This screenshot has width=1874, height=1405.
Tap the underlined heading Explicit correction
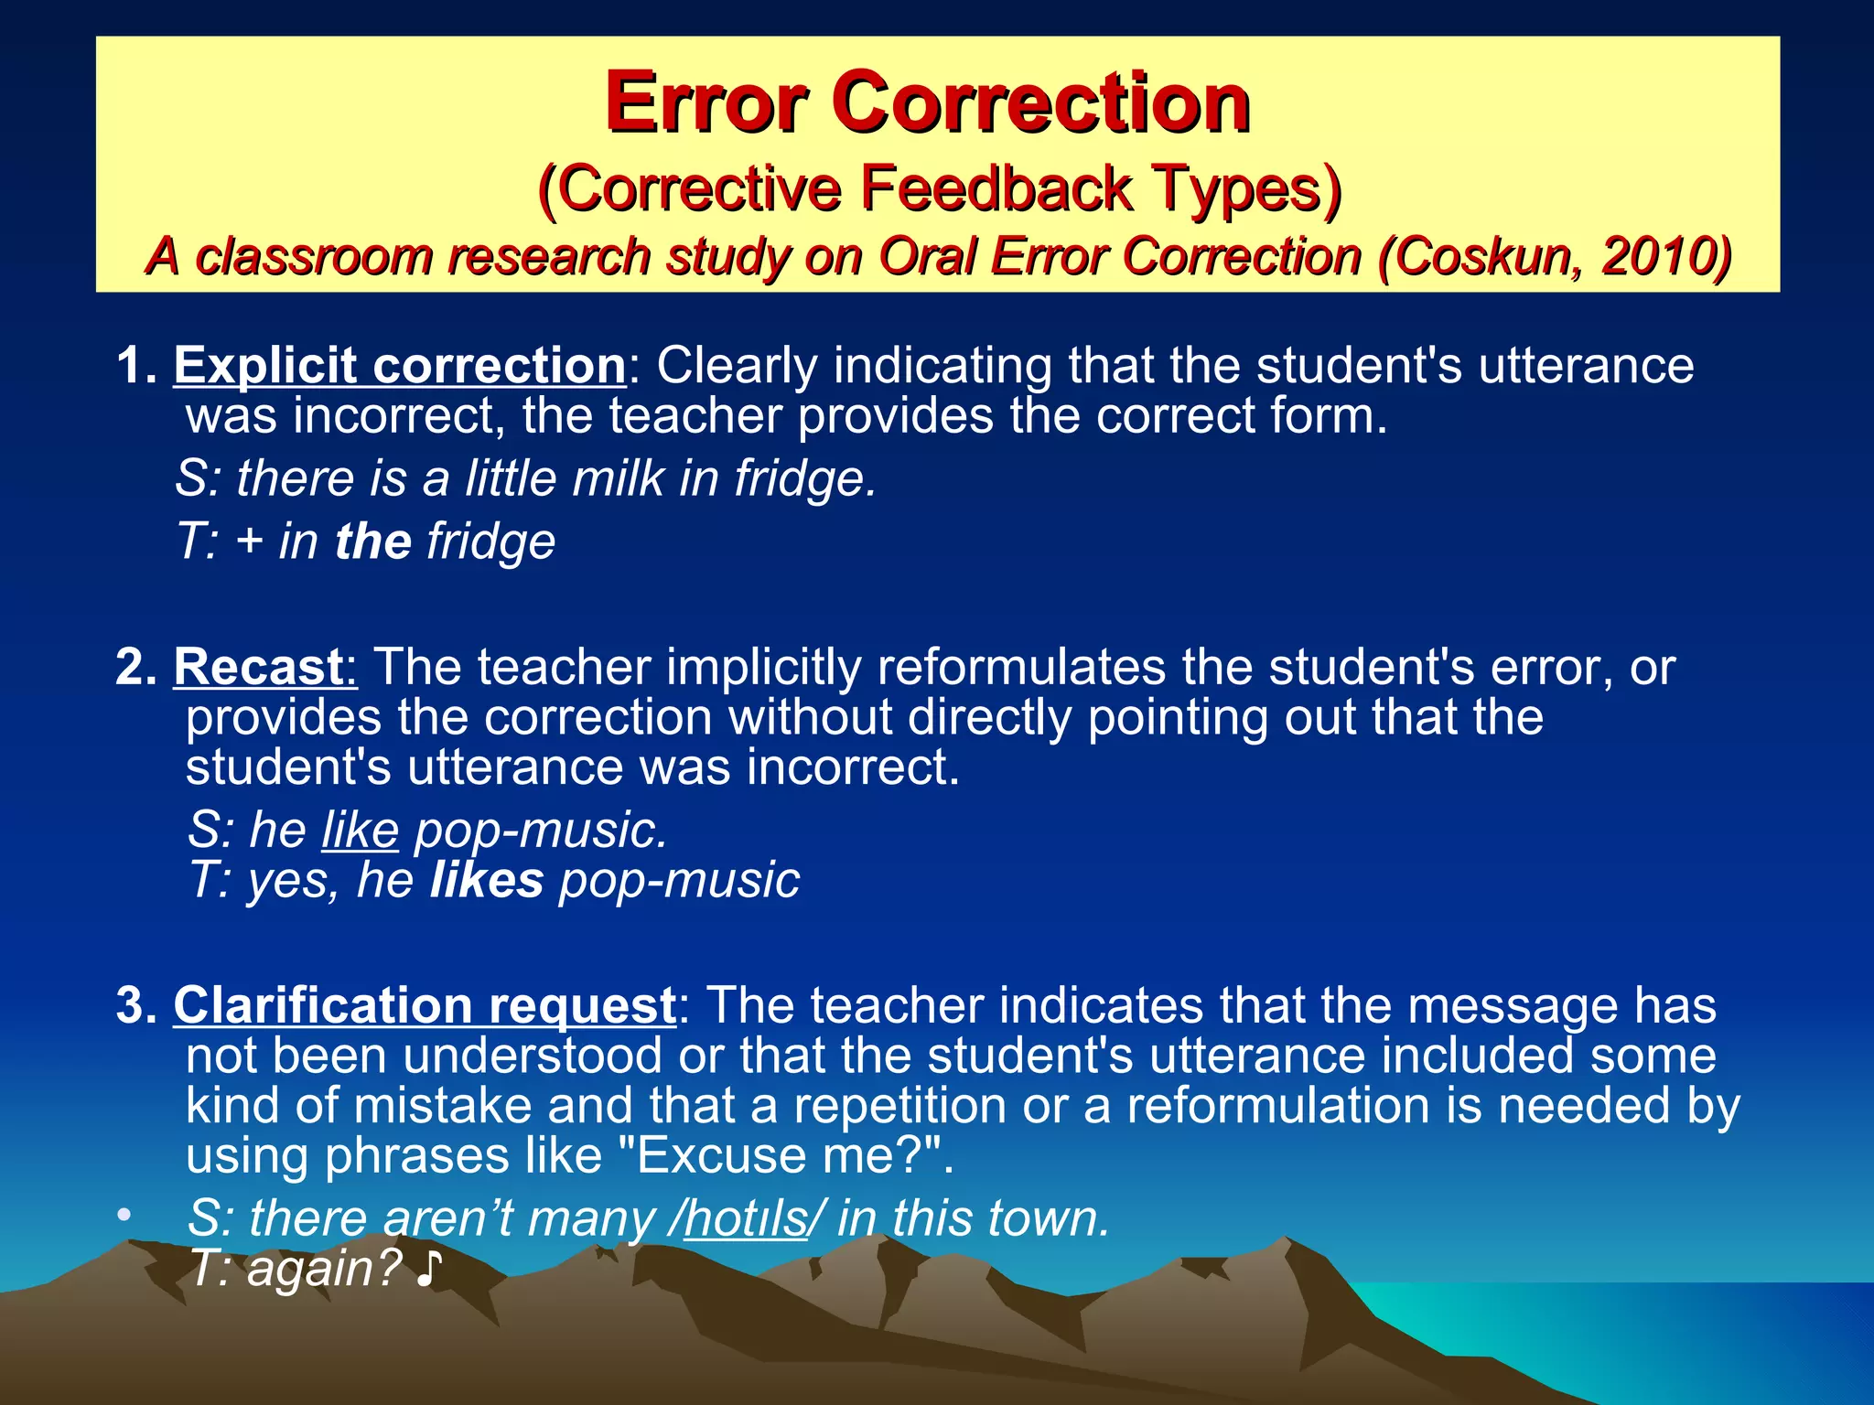tap(400, 366)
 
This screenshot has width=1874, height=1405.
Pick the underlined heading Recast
tap(259, 667)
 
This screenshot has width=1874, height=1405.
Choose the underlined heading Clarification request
tap(425, 1005)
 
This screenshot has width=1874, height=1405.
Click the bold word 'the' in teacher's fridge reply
tap(373, 541)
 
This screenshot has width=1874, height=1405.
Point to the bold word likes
tap(487, 880)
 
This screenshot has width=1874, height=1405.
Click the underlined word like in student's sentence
tap(360, 831)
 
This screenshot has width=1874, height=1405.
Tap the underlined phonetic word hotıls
tap(746, 1219)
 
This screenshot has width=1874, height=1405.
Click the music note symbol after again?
tap(428, 1270)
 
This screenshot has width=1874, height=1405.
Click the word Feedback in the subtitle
tap(996, 189)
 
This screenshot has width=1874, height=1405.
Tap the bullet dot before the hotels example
tap(124, 1217)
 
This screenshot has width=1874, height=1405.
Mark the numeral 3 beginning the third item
tap(132, 1005)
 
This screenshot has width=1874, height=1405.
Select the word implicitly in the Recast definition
tap(763, 667)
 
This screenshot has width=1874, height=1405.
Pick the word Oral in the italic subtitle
tap(928, 256)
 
